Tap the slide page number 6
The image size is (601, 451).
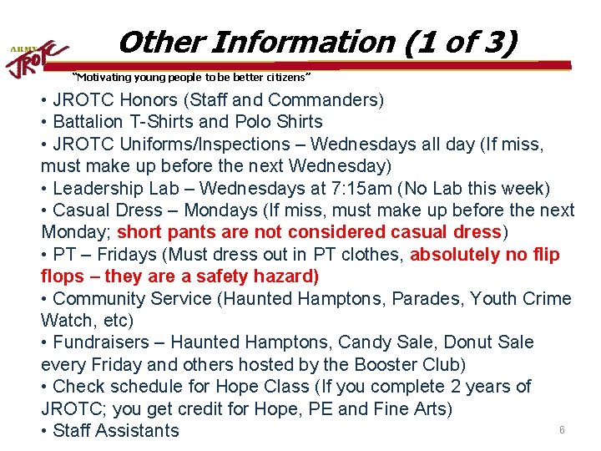[x=562, y=430]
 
